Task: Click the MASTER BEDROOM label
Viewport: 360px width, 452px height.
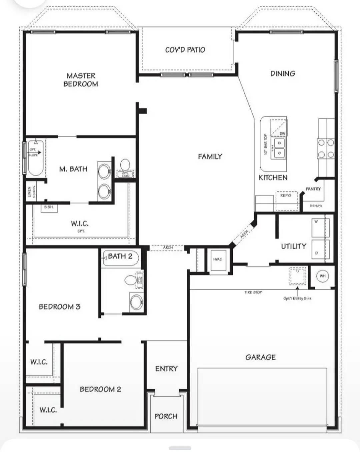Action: pyautogui.click(x=81, y=80)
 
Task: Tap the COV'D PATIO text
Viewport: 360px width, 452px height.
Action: pyautogui.click(x=185, y=50)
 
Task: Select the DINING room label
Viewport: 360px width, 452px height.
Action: pyautogui.click(x=283, y=74)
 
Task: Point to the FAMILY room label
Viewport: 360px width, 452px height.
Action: pyautogui.click(x=210, y=157)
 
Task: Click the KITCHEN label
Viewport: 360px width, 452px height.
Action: pyautogui.click(x=273, y=178)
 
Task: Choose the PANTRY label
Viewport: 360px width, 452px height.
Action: pyautogui.click(x=313, y=189)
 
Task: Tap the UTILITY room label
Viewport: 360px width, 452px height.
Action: pyautogui.click(x=293, y=246)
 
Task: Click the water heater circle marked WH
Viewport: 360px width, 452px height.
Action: pyautogui.click(x=322, y=276)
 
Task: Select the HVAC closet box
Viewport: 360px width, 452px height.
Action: pyautogui.click(x=218, y=259)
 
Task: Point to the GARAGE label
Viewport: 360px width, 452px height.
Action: pyautogui.click(x=261, y=357)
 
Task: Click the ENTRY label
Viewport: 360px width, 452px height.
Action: pyautogui.click(x=166, y=369)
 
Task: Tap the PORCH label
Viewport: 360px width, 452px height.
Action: pyautogui.click(x=166, y=416)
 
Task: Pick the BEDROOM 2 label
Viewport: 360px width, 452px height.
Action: pyautogui.click(x=100, y=389)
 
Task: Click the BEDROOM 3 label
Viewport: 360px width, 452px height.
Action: pyautogui.click(x=60, y=307)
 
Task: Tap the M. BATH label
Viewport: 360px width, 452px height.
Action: pyautogui.click(x=73, y=169)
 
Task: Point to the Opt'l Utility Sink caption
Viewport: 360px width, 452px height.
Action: pyautogui.click(x=297, y=298)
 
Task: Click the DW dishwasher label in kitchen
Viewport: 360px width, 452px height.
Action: pyautogui.click(x=282, y=134)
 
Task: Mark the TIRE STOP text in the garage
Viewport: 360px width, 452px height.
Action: pyautogui.click(x=253, y=292)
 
